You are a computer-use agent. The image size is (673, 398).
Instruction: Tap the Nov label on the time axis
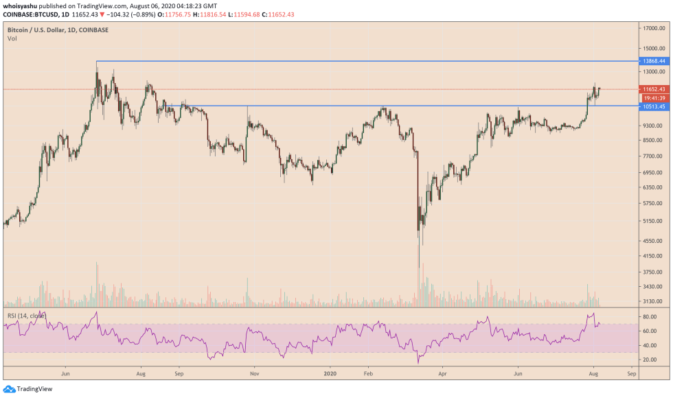point(254,375)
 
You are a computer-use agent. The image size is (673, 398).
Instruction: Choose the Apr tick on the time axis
point(443,375)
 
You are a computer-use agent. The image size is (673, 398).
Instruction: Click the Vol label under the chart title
point(12,38)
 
